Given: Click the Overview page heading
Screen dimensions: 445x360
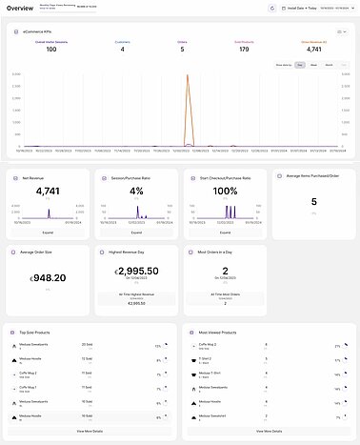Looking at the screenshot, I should (x=21, y=9).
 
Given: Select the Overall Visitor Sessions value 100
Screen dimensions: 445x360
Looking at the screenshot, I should (x=50, y=49).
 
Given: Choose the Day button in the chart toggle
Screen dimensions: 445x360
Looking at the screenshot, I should (x=300, y=65).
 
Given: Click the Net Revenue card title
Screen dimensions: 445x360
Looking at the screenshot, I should (x=34, y=177).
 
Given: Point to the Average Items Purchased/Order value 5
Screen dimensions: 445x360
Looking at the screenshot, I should (x=313, y=201).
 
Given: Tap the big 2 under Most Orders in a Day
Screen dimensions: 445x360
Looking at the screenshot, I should (x=226, y=271).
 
